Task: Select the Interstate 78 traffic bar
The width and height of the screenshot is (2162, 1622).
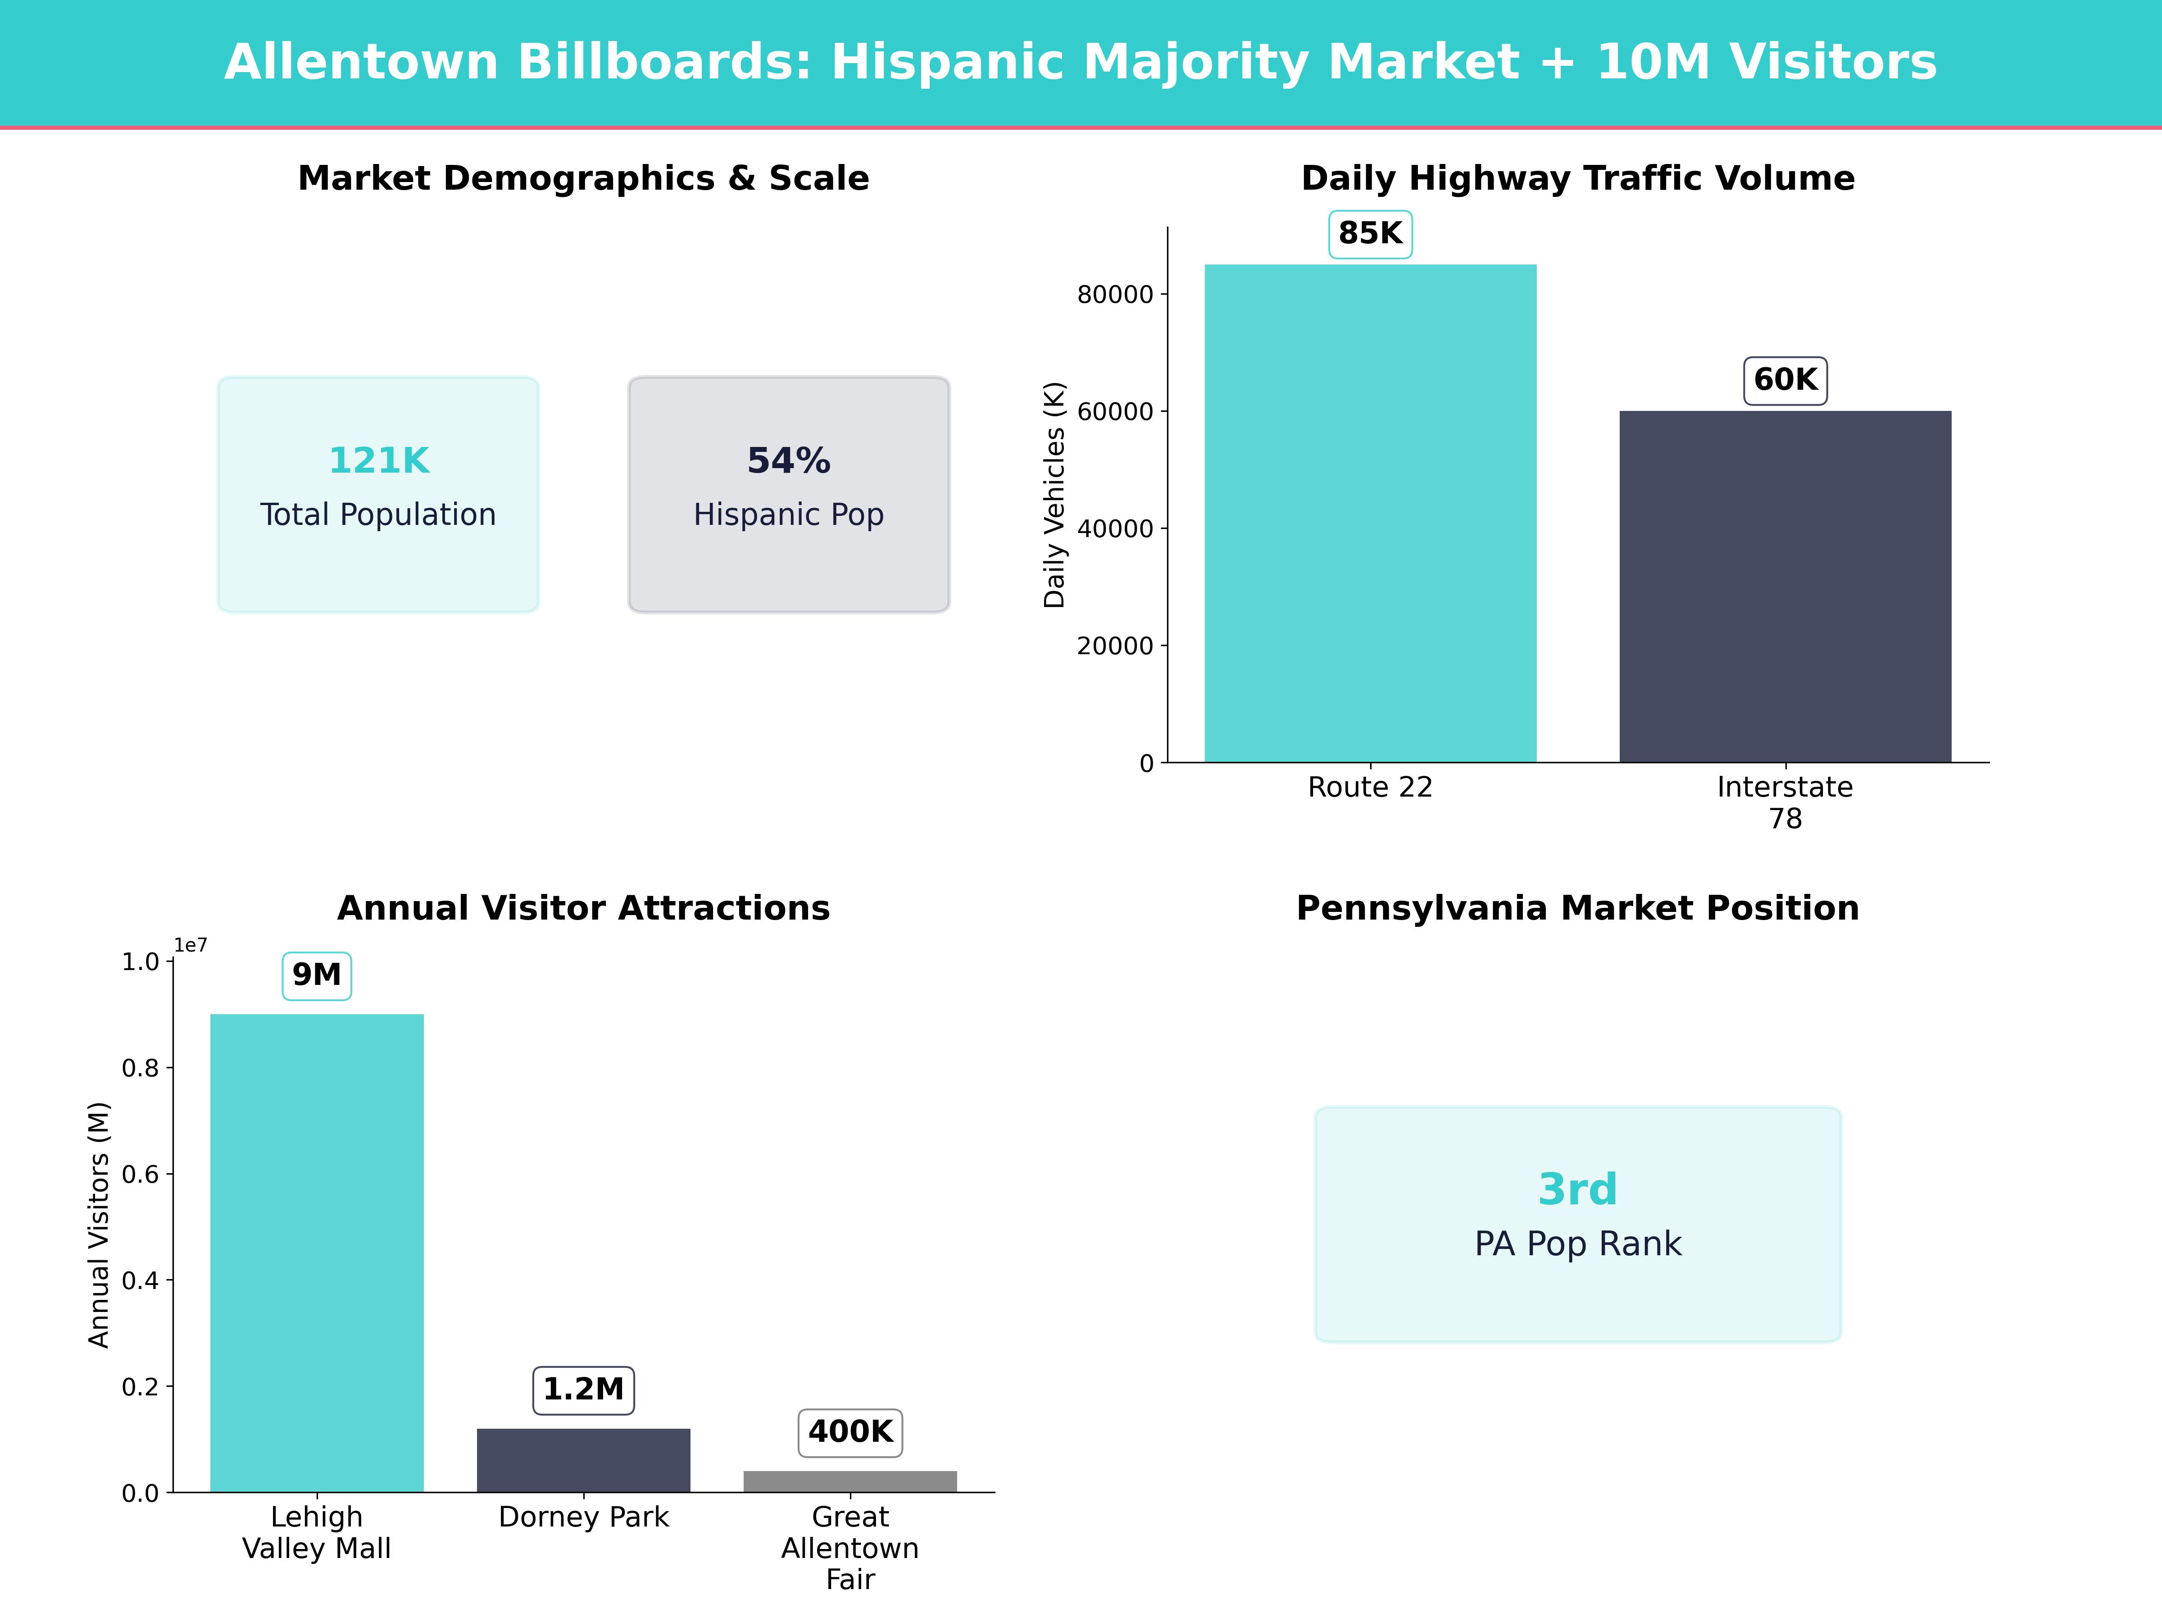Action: click(1785, 587)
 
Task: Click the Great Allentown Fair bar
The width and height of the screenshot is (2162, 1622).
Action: click(849, 1481)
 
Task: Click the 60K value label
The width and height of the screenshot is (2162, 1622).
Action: click(1785, 380)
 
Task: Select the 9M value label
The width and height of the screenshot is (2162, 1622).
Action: click(317, 975)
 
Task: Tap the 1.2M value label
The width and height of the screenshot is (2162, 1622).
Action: click(583, 1390)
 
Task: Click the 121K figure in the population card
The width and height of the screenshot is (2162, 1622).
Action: click(378, 460)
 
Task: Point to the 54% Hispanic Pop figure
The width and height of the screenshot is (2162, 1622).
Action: click(789, 460)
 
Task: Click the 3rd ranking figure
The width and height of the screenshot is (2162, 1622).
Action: click(1577, 1190)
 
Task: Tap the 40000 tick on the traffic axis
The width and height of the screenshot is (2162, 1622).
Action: click(1115, 529)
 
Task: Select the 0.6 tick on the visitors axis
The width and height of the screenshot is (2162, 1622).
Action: click(140, 1174)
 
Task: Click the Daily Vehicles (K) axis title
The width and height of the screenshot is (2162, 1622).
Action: click(1054, 495)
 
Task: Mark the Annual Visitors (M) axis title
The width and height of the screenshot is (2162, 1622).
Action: click(99, 1225)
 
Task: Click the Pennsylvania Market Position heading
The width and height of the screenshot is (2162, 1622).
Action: click(1577, 908)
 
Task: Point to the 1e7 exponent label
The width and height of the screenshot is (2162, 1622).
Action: click(191, 945)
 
